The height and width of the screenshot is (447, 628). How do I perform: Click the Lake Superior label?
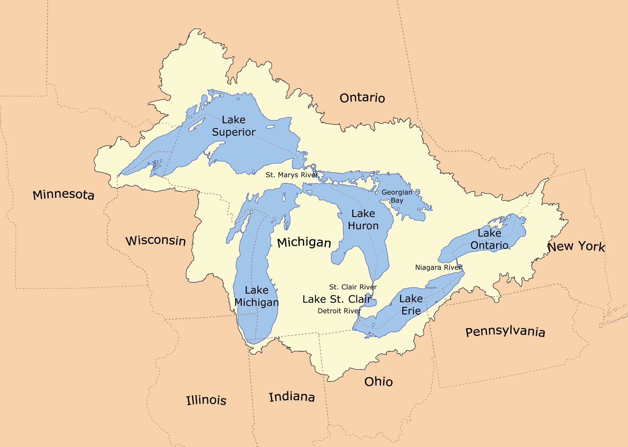point(234,126)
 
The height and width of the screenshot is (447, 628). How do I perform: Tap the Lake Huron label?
point(363,220)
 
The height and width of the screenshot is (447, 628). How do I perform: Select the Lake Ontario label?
point(489,239)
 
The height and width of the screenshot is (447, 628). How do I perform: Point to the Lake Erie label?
point(411,305)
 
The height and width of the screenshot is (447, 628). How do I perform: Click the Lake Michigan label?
point(257,296)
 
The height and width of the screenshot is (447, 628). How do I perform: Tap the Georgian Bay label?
point(397,196)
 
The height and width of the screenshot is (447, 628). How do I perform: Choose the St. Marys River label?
point(291,175)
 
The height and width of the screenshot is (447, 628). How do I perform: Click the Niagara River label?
point(438,267)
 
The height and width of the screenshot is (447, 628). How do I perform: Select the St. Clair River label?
point(353,287)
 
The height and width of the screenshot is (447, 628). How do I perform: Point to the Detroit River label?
point(339,311)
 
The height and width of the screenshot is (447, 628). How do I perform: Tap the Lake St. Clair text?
point(337,299)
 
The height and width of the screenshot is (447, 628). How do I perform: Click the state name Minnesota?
point(63,194)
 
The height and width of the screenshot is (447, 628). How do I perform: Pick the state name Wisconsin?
point(156,240)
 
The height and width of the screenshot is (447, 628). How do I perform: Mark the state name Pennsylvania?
point(505,331)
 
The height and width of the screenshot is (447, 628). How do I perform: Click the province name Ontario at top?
point(362,98)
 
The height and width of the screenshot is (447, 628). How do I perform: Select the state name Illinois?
point(206,400)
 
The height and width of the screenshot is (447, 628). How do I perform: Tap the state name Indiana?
point(292,397)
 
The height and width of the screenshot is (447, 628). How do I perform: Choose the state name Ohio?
point(378,382)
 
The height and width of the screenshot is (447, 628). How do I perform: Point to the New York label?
point(576,246)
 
